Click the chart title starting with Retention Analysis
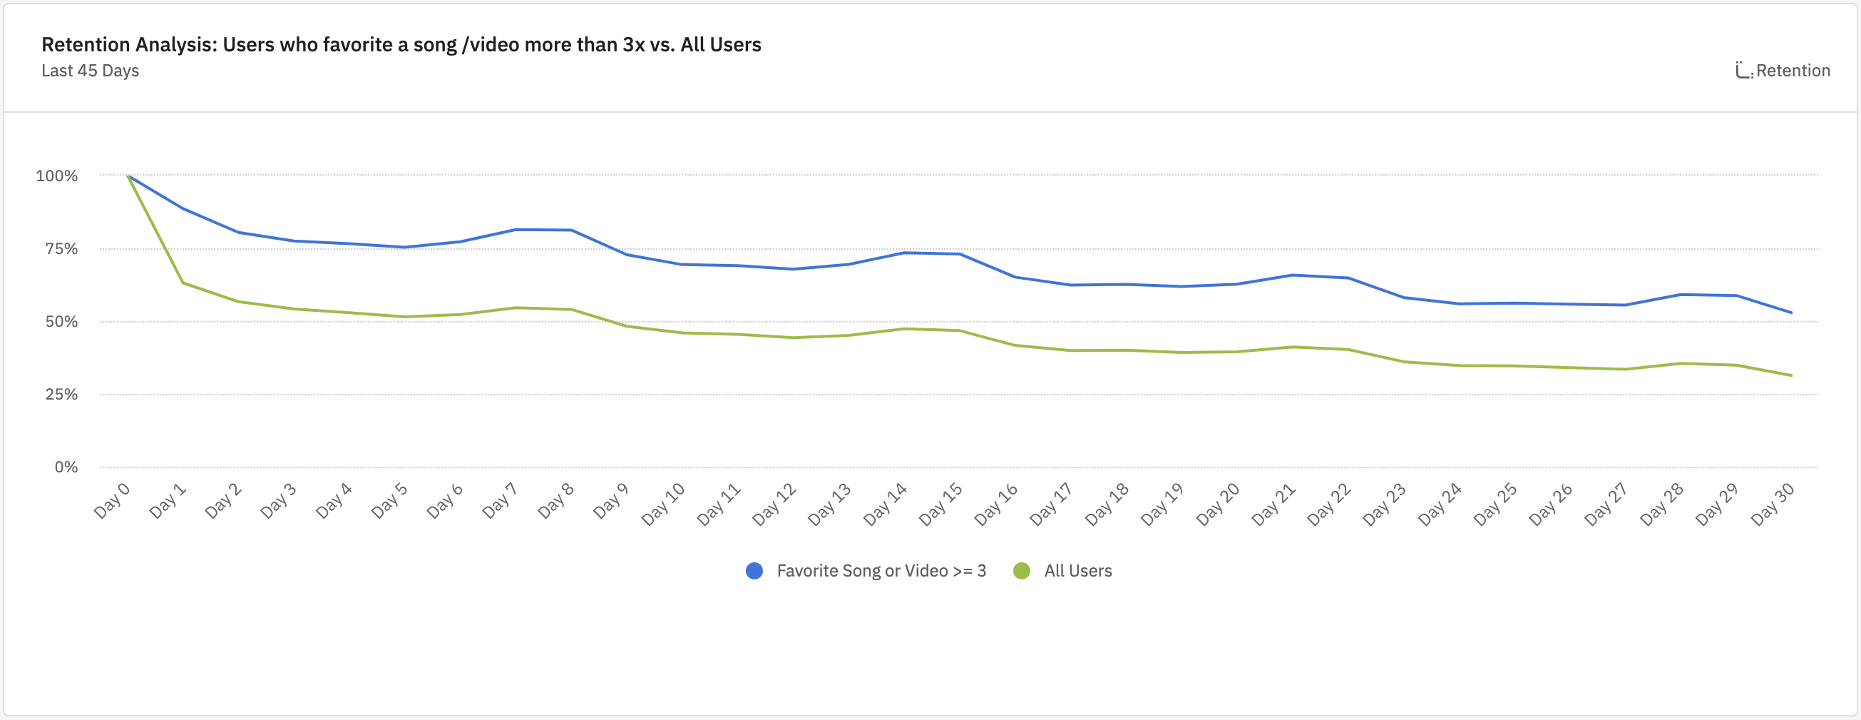click(401, 45)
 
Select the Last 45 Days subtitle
click(91, 71)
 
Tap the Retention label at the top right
click(1793, 71)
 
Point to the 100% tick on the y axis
click(57, 176)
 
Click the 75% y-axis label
click(61, 248)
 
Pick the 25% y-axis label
click(61, 394)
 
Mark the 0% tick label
click(66, 467)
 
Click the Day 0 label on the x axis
click(112, 500)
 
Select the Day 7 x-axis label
click(500, 500)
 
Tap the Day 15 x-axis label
click(940, 504)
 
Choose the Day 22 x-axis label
click(1328, 504)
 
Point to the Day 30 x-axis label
click(1772, 504)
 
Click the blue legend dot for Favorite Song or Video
click(754, 571)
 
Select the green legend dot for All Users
click(1022, 571)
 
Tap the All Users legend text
click(1078, 571)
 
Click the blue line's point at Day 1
click(183, 209)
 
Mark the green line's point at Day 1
click(183, 283)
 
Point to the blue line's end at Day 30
click(1792, 313)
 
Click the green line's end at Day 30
click(1792, 375)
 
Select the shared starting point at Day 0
click(128, 176)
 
